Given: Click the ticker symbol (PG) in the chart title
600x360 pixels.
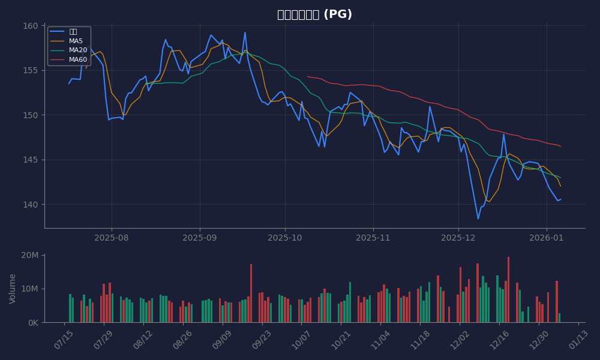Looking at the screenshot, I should [x=337, y=14].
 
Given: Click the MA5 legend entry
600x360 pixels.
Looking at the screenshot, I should [x=76, y=41].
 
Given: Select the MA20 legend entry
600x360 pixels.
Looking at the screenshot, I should [x=77, y=50].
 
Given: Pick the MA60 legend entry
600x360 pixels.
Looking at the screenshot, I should [x=77, y=59].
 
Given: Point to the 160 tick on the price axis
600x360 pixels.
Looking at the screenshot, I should [x=31, y=26].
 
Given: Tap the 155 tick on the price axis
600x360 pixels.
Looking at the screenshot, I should [x=31, y=70].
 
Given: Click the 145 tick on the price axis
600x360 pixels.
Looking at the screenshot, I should [x=31, y=160].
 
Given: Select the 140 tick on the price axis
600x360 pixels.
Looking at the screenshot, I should [x=31, y=205].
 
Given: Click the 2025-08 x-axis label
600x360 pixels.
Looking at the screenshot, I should [x=111, y=238].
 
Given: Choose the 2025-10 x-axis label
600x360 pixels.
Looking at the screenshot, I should [x=285, y=238].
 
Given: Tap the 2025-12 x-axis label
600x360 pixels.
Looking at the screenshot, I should [x=458, y=238].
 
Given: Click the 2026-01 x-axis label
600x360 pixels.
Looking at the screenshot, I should [x=547, y=238].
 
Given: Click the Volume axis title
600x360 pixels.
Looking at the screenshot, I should [x=13, y=289].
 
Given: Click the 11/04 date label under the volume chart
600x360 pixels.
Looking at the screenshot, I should [x=380, y=337].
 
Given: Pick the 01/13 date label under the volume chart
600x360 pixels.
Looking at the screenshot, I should [x=577, y=337].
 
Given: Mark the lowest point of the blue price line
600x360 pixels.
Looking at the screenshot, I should [x=478, y=219].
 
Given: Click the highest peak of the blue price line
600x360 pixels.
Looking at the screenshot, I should [x=245, y=32].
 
